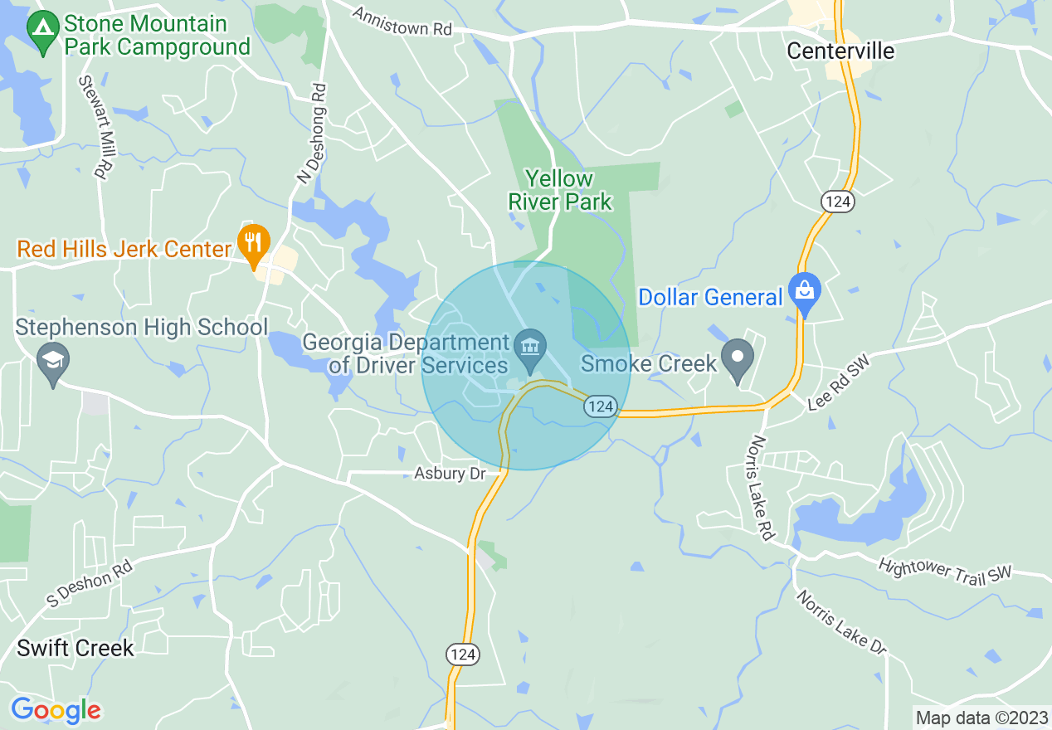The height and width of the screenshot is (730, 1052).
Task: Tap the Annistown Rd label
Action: [x=402, y=22]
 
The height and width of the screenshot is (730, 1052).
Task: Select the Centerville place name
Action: [x=840, y=51]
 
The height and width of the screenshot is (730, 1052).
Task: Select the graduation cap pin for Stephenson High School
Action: [x=53, y=362]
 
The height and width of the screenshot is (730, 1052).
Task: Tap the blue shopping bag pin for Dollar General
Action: [x=804, y=291]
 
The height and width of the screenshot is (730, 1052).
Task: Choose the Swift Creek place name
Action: [x=75, y=648]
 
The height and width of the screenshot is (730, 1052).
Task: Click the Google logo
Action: [x=56, y=710]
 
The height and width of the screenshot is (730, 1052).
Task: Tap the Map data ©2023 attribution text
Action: [x=981, y=717]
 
